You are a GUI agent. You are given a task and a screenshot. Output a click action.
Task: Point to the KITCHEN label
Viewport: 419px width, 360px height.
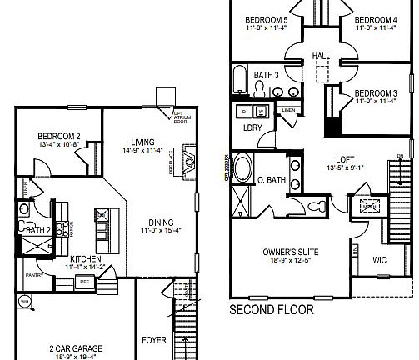tap(86, 259)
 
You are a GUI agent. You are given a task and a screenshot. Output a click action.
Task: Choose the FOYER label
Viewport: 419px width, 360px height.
tap(154, 341)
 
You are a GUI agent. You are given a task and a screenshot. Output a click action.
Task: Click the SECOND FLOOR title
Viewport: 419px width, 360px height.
tap(272, 310)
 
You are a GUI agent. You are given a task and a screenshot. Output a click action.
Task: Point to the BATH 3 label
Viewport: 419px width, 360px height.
tap(265, 76)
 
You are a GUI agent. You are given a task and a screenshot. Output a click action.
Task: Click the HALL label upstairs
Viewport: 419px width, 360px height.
tap(320, 56)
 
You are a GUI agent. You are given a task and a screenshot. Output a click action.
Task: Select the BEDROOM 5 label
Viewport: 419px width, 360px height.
tap(266, 20)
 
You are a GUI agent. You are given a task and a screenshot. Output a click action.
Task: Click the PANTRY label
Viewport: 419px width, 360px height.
tap(34, 273)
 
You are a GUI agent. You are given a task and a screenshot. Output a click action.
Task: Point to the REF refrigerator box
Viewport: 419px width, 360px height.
tap(84, 282)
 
